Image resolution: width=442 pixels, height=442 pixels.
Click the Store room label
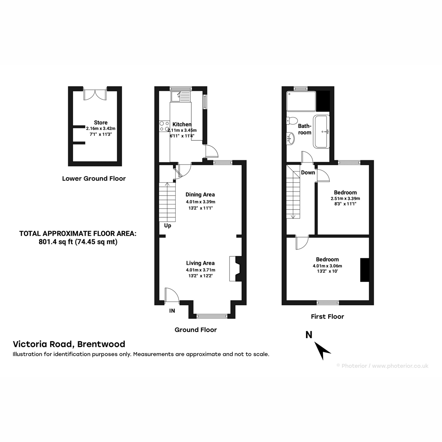tap(101, 123)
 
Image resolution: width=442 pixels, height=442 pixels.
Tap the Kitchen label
tap(182, 124)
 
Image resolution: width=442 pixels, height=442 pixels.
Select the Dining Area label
tap(200, 194)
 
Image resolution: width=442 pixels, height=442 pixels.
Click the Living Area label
tap(200, 263)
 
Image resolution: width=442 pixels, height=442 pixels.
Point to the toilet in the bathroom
tap(291, 121)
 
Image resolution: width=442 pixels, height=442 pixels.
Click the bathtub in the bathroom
tap(322, 131)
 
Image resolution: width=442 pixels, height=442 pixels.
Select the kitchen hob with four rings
tap(164, 126)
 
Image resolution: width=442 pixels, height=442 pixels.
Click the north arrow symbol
tap(322, 351)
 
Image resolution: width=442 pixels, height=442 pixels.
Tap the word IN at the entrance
tap(172, 311)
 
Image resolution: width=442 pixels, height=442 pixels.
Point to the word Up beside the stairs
tap(168, 226)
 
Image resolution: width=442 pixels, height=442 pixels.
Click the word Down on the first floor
tap(308, 172)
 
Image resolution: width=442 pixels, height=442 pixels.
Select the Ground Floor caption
tap(196, 330)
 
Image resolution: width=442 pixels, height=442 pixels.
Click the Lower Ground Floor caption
tap(94, 178)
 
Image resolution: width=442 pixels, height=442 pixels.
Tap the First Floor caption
tap(327, 316)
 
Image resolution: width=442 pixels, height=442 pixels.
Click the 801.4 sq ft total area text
tap(78, 242)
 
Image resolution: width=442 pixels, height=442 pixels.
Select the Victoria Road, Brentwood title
tap(69, 344)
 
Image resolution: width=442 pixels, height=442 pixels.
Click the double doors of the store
tap(95, 94)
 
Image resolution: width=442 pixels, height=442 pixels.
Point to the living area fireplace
tap(235, 269)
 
